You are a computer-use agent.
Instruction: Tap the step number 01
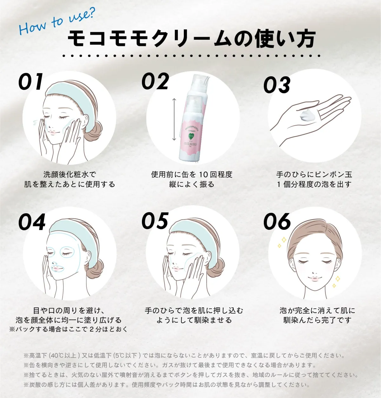(x=31, y=82)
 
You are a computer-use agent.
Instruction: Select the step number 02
(x=156, y=81)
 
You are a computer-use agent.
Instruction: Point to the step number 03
(x=277, y=85)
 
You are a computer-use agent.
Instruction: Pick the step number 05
(x=155, y=221)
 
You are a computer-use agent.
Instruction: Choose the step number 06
(x=277, y=221)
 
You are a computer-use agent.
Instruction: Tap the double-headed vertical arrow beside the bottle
(x=174, y=120)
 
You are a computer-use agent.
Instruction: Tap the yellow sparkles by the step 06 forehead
(x=282, y=242)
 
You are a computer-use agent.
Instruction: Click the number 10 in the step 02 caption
(x=204, y=175)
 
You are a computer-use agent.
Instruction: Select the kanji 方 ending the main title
(x=305, y=38)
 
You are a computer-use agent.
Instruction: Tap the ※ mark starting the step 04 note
(x=12, y=329)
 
